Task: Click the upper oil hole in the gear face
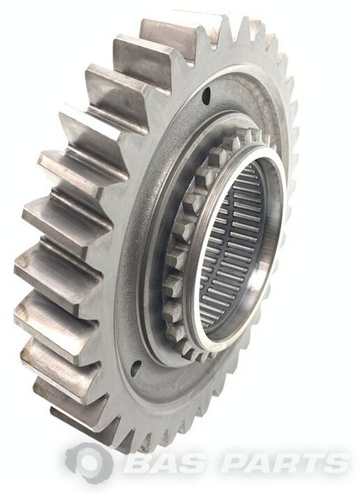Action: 206,95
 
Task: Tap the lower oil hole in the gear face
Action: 137,365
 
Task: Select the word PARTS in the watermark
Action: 284,463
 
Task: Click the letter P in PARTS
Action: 236,463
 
